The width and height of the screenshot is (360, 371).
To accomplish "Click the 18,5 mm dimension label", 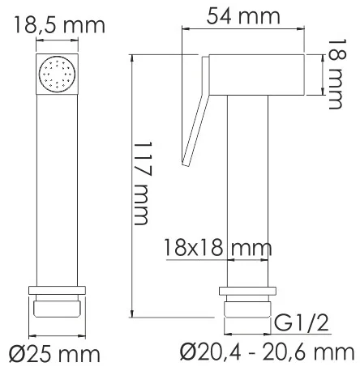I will pos(59,25).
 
